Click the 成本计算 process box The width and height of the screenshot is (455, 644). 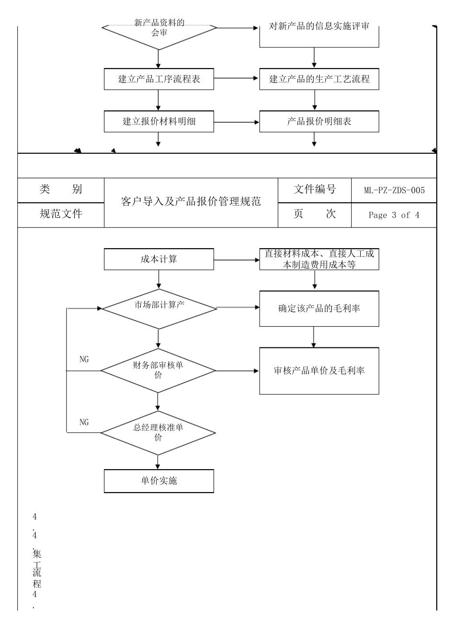[159, 259]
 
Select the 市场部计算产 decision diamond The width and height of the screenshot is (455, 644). [159, 309]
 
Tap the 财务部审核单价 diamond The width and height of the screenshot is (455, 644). [158, 370]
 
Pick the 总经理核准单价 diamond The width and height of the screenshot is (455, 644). [158, 433]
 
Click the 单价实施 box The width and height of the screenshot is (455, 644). [159, 481]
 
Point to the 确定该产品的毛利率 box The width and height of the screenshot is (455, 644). [319, 309]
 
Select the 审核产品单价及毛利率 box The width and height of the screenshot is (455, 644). [319, 371]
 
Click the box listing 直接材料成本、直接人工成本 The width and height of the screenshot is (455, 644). [319, 259]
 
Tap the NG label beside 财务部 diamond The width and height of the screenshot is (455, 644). [84, 359]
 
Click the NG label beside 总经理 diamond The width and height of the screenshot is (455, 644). [84, 422]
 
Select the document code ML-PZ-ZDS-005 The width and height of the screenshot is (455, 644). [394, 190]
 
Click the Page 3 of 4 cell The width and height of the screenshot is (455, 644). [394, 215]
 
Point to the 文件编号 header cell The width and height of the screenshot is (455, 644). [314, 190]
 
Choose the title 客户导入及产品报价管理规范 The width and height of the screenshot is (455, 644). [191, 202]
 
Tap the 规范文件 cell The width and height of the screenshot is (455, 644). [61, 214]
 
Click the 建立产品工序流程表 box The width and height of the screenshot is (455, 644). [159, 79]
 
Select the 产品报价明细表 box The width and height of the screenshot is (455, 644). [319, 122]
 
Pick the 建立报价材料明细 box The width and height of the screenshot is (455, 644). [159, 122]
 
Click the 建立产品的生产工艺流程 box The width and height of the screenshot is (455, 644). [319, 79]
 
